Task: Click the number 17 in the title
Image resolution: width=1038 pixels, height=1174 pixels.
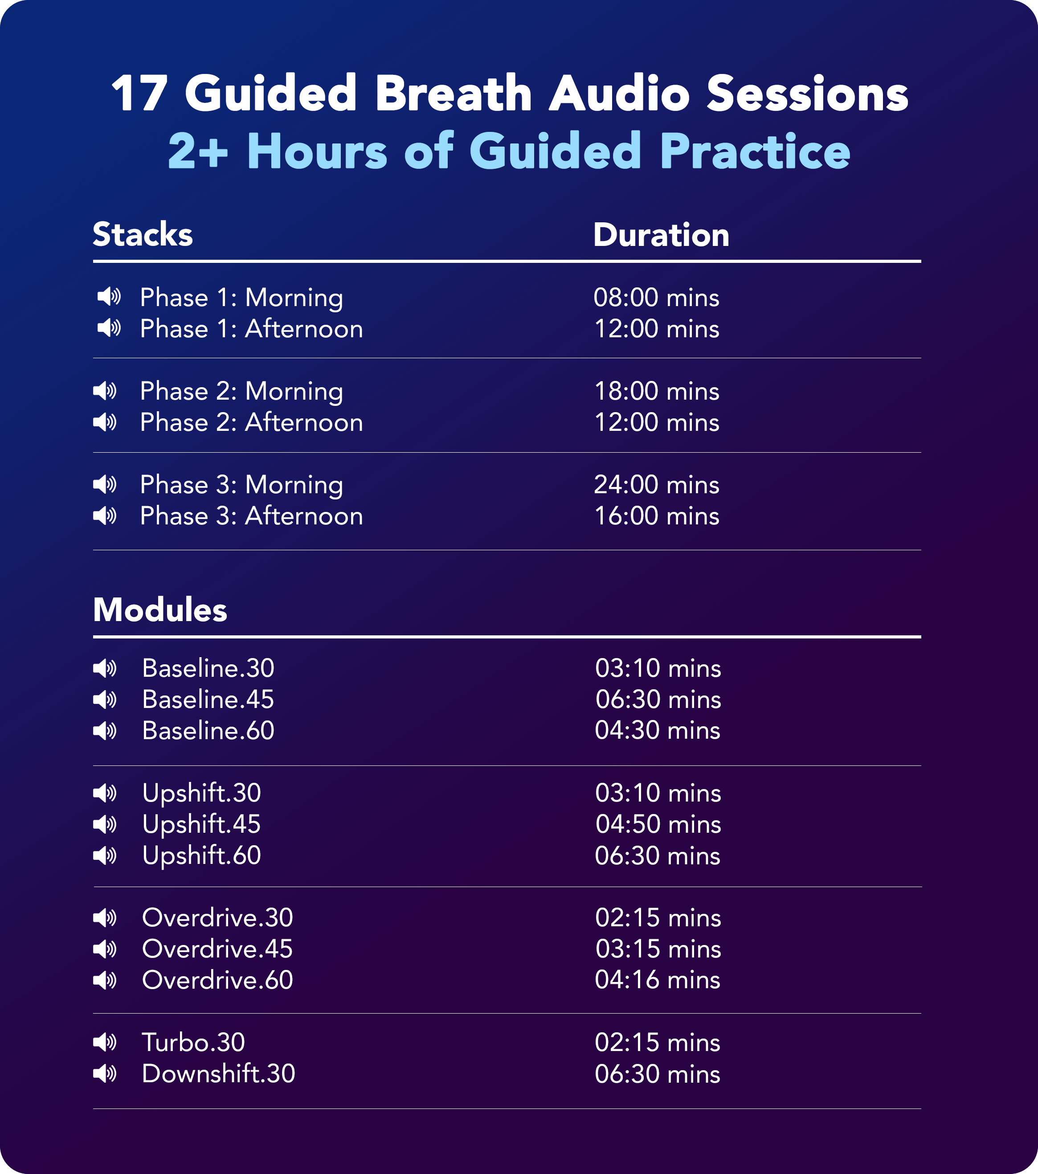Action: point(139,93)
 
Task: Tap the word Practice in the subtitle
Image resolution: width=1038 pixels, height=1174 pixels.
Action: point(755,151)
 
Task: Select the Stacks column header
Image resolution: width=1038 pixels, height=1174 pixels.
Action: point(143,234)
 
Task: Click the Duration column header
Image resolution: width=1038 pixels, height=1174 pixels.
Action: point(661,235)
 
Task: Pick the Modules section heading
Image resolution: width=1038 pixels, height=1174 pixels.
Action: point(160,609)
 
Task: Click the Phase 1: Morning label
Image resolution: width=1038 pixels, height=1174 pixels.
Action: point(241,298)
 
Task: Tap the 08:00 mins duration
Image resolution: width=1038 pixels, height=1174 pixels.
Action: point(657,298)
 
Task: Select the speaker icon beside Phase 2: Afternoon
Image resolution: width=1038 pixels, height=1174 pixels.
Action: point(105,423)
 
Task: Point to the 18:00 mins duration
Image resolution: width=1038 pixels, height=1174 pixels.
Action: point(657,391)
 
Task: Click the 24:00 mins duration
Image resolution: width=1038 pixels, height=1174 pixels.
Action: point(657,485)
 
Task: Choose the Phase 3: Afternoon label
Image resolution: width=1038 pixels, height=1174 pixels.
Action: point(252,516)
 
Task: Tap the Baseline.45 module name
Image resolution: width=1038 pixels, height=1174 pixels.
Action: point(208,699)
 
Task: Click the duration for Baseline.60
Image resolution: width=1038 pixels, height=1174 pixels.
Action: point(658,731)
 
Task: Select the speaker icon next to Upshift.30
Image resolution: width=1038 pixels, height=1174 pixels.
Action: point(105,793)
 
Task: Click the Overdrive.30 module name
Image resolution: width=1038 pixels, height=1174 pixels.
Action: point(218,918)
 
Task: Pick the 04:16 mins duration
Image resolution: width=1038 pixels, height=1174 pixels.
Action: point(658,980)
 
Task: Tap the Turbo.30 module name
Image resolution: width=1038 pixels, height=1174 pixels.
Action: point(194,1043)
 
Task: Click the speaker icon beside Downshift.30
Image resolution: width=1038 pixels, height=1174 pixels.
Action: point(105,1073)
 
